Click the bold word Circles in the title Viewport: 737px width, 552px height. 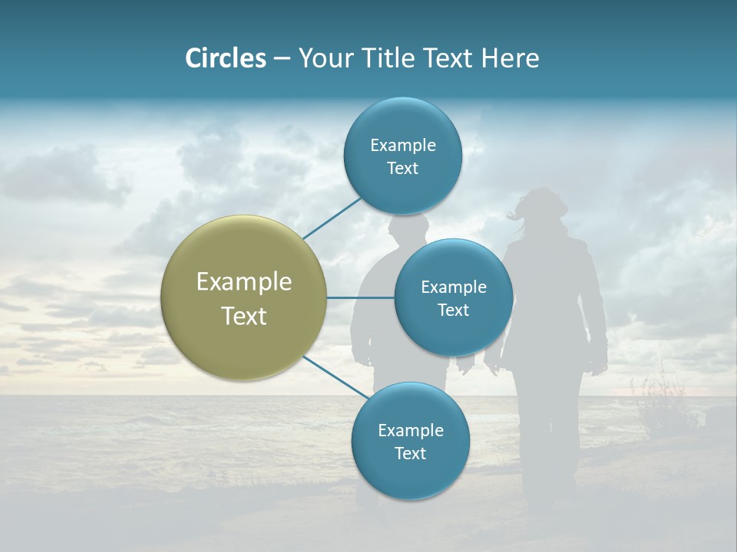(225, 58)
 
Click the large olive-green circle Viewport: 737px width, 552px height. (243, 297)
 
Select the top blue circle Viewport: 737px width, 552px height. (402, 156)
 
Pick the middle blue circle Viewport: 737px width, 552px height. (453, 297)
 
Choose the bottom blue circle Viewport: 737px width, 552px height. (410, 441)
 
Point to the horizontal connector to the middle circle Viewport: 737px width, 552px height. (360, 297)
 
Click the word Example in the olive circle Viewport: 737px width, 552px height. (243, 281)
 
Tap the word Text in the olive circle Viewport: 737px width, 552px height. (243, 316)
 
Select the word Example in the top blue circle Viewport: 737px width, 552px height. (402, 145)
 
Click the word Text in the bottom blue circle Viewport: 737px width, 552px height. (410, 453)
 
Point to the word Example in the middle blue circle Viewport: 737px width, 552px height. (453, 287)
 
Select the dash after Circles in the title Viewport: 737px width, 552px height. (282, 59)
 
